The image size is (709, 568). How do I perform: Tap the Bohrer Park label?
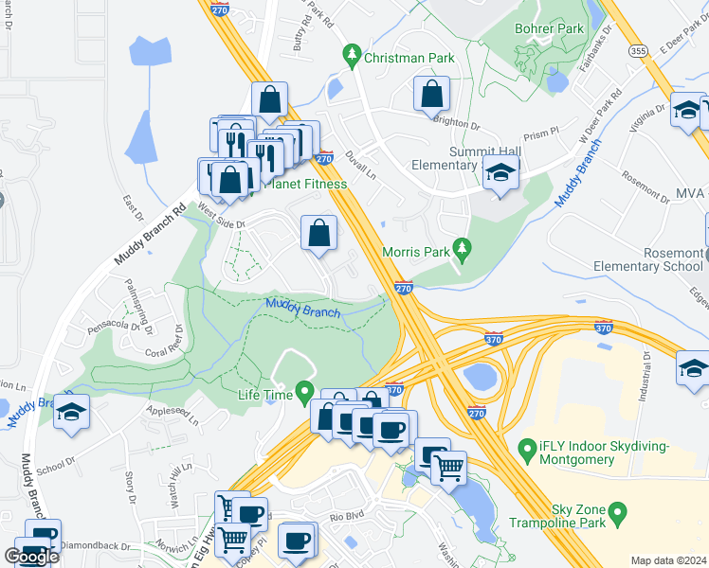point(549,29)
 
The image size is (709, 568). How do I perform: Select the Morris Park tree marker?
point(462,251)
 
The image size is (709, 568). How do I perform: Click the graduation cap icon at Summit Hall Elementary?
point(500,173)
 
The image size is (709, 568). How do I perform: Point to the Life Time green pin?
point(304,390)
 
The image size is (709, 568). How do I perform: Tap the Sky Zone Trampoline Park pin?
point(618,515)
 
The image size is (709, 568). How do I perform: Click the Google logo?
point(31,556)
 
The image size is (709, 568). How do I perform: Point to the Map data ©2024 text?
point(668,560)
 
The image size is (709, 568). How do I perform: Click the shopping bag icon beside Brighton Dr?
point(431,94)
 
